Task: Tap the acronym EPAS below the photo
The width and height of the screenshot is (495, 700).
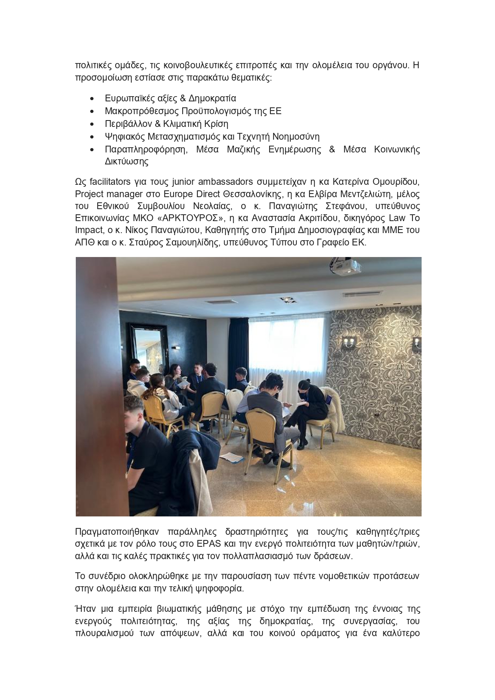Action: pyautogui.click(x=207, y=544)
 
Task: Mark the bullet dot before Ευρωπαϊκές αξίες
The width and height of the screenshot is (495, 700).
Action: pyautogui.click(x=93, y=99)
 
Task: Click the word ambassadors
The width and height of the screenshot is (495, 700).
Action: pyautogui.click(x=226, y=182)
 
